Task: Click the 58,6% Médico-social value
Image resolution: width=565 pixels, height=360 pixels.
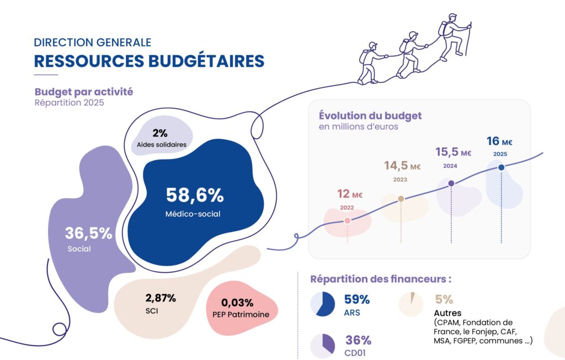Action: point(195,195)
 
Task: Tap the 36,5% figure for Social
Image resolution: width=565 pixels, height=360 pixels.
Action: point(89,233)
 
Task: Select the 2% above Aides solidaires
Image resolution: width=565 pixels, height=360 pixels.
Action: point(160,133)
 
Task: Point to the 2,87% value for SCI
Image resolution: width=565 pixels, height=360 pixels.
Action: point(161,298)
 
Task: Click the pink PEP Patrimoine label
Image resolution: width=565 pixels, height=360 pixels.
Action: point(241,315)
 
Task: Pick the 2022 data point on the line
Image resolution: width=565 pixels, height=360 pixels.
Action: point(348,220)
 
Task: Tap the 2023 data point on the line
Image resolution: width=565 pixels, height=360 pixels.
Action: point(401,199)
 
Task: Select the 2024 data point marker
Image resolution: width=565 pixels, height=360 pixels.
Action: point(451,183)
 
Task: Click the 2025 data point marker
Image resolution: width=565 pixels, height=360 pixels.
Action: point(501,167)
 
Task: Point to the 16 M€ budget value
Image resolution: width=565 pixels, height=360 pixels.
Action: point(499,141)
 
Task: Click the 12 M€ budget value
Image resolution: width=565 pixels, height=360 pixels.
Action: point(350,194)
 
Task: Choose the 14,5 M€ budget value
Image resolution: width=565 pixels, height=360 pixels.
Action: point(402,166)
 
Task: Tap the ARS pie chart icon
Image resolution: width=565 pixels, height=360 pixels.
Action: point(322,304)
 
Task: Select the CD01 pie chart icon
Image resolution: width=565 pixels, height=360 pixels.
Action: point(322,346)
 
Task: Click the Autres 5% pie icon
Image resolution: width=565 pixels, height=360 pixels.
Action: point(411,304)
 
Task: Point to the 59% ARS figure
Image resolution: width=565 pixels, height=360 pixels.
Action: point(357,299)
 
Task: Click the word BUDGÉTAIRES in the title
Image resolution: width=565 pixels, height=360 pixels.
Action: point(206,61)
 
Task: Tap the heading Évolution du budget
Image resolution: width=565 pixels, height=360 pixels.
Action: point(370,116)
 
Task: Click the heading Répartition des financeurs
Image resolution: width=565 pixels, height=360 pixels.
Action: point(381,279)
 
